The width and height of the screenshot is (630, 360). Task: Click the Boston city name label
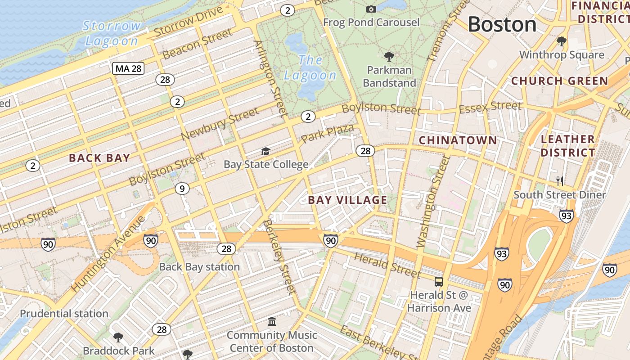[502, 24]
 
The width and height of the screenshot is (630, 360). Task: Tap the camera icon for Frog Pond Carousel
[371, 9]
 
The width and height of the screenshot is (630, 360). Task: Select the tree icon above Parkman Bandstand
[389, 57]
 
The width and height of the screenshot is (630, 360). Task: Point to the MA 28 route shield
[128, 68]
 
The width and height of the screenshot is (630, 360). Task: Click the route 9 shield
[182, 189]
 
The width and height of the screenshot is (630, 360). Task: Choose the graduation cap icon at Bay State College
[266, 152]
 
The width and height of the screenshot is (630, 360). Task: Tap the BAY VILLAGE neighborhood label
[347, 200]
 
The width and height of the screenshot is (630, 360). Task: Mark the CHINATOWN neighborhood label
[458, 140]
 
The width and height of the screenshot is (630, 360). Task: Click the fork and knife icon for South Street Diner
[560, 181]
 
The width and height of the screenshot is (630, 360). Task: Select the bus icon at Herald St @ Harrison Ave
[438, 282]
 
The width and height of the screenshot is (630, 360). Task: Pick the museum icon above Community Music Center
[272, 322]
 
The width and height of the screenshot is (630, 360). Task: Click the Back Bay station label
[199, 267]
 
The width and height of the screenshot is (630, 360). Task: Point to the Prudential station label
[64, 314]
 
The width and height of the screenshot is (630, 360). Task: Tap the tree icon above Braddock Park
[118, 337]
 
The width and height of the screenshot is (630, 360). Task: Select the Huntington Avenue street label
[108, 253]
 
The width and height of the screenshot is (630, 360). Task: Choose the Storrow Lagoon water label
[112, 33]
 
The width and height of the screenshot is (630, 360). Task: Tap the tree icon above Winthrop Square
[561, 41]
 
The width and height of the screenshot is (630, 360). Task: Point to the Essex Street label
[490, 107]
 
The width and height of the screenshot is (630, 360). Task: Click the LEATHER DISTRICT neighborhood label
[568, 146]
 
